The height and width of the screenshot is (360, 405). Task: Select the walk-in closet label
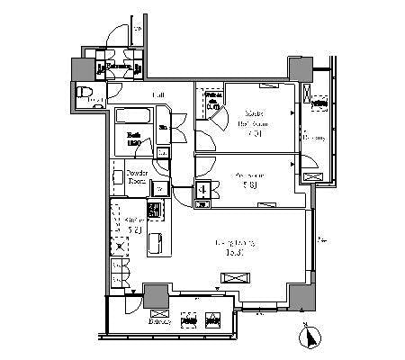tap(212, 103)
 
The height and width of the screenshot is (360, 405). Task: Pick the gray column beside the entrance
tap(83, 70)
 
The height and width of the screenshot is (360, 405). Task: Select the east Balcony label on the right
tap(315, 137)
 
